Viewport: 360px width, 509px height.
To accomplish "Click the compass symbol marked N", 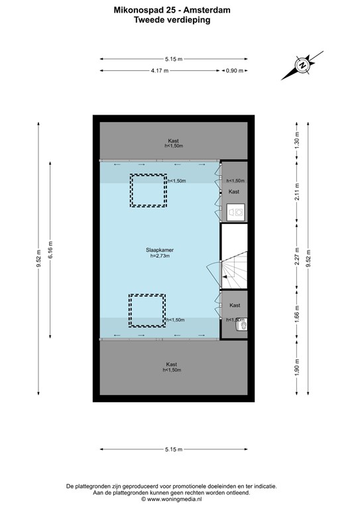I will tap(302, 66).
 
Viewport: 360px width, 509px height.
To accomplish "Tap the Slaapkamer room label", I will tap(159, 250).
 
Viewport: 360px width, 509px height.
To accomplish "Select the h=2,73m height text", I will tap(159, 256).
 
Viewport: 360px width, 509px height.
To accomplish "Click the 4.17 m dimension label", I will tap(159, 70).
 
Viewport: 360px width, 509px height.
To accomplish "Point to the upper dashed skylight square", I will tap(147, 190).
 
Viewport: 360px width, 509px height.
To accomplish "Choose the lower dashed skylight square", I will tap(147, 311).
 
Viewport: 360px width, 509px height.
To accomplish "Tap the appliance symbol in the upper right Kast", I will tap(235, 211).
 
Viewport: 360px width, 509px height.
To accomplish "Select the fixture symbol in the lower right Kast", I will tap(241, 325).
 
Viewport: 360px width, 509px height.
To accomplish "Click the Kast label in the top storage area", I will tap(174, 141).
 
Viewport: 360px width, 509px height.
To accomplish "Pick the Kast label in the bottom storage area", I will tap(172, 365).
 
